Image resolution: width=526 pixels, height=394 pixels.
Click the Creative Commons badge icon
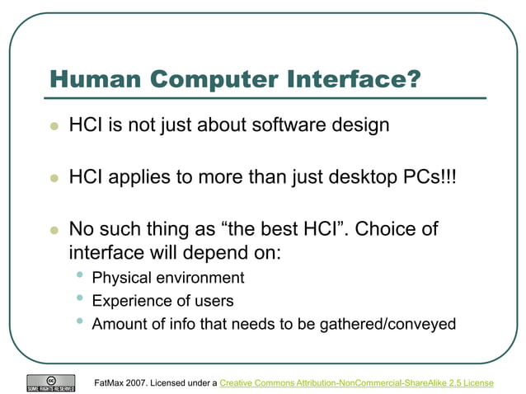(51, 382)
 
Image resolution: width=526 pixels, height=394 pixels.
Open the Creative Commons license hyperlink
(356, 383)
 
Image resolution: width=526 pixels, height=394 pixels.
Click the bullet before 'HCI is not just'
(54, 127)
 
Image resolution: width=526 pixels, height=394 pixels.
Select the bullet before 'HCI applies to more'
(54, 178)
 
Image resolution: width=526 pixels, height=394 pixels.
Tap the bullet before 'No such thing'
(54, 230)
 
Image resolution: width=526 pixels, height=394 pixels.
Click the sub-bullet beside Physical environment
(79, 275)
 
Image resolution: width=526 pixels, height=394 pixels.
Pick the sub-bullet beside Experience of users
(79, 298)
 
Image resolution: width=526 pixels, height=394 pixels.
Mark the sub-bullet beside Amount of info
(79, 321)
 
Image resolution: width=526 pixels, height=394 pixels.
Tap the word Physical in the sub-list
(122, 278)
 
